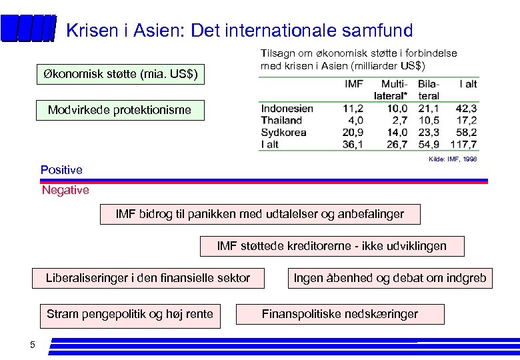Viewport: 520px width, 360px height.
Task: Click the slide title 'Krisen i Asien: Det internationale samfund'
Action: pos(240,31)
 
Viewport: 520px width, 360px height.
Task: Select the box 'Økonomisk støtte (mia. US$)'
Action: pos(120,74)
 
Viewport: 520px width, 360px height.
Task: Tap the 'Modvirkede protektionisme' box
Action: pos(119,110)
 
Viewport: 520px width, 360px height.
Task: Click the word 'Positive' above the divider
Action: pos(61,170)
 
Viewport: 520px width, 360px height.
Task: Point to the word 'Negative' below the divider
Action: pos(65,191)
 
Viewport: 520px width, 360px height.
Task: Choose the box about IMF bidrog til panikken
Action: pos(259,215)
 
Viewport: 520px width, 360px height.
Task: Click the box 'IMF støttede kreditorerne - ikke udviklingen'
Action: pos(331,247)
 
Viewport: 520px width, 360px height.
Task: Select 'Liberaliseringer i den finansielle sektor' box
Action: pos(148,278)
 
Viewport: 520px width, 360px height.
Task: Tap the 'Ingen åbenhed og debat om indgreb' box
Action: pos(390,278)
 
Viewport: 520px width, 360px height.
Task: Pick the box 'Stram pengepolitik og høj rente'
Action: pos(130,314)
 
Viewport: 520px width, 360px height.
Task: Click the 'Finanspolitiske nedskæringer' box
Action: pos(340,314)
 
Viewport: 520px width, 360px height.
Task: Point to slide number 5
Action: pos(32,345)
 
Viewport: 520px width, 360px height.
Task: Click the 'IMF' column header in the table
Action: pos(353,85)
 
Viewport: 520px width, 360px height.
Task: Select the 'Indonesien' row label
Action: pos(288,109)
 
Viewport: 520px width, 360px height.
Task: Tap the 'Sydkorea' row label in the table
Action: pos(283,133)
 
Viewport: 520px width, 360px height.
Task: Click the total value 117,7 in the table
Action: pos(463,145)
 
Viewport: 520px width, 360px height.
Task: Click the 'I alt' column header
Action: pos(468,85)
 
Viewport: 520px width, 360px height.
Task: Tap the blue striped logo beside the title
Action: pos(28,29)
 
